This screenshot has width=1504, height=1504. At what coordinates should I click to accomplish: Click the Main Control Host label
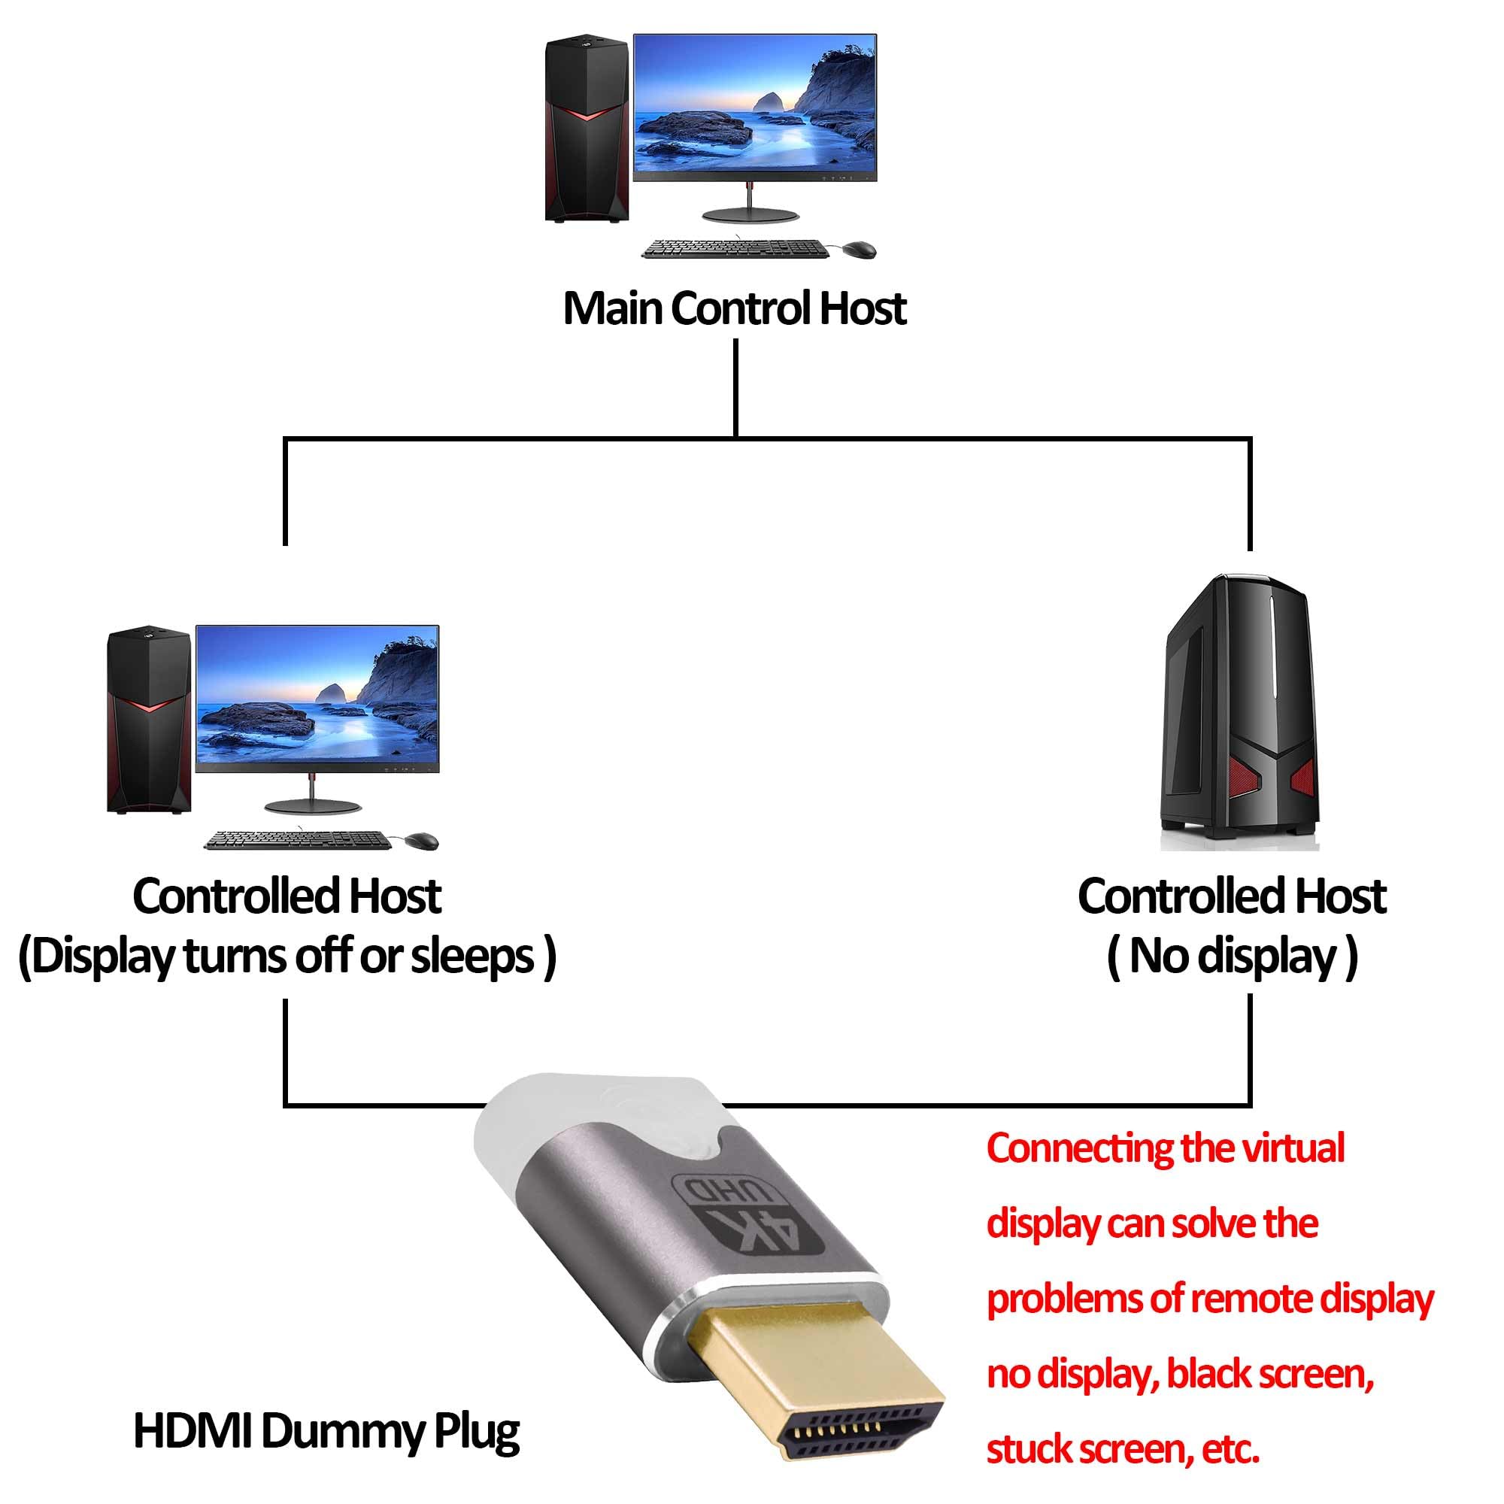pyautogui.click(x=734, y=308)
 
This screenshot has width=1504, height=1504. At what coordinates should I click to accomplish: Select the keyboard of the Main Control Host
pyautogui.click(x=734, y=249)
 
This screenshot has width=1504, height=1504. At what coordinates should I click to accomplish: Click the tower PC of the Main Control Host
pyautogui.click(x=587, y=129)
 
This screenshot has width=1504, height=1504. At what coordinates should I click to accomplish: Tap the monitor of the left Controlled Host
pyautogui.click(x=317, y=717)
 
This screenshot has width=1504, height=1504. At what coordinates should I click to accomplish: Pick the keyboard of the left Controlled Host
pyautogui.click(x=296, y=840)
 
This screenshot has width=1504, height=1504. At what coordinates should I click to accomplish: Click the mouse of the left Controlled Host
pyautogui.click(x=420, y=841)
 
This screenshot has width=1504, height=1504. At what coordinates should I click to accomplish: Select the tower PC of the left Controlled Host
pyautogui.click(x=149, y=720)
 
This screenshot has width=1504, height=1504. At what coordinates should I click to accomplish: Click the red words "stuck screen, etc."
pyautogui.click(x=1123, y=1450)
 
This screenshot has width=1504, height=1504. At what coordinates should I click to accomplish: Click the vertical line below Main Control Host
pyautogui.click(x=735, y=388)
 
